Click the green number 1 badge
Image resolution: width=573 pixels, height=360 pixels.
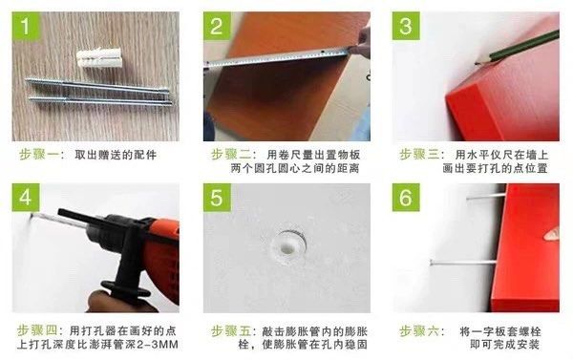click(26, 26)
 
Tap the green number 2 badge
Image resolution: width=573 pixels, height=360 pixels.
click(217, 26)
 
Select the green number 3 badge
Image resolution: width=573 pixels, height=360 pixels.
click(406, 26)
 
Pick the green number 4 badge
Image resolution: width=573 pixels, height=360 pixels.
click(26, 198)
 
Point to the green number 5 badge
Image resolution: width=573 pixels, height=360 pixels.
click(217, 198)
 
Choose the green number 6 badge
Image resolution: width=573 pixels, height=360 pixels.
click(406, 198)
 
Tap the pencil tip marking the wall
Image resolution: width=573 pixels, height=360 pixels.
click(477, 64)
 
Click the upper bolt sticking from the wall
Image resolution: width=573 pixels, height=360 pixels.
click(486, 197)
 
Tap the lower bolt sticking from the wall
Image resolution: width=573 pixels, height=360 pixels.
click(463, 262)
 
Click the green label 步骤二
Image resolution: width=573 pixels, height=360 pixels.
click(231, 155)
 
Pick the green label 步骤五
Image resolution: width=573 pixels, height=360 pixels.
click(231, 331)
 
